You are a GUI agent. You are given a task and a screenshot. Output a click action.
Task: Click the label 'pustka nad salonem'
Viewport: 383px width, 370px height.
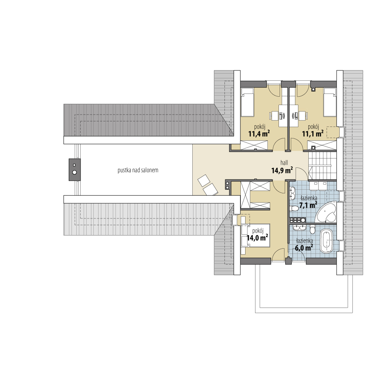click(138, 170)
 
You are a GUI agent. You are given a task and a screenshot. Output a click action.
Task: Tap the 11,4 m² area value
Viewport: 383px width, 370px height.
click(259, 134)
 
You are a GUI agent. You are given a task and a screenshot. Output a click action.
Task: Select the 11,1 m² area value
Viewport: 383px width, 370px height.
click(313, 134)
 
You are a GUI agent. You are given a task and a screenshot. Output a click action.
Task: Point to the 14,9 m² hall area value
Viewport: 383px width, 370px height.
click(282, 170)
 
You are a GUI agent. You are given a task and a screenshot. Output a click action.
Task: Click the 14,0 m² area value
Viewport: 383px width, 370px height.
click(257, 238)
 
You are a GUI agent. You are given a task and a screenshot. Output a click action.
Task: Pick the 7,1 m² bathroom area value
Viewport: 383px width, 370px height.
click(308, 205)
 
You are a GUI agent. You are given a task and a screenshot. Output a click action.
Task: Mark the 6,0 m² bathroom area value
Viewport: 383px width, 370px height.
click(304, 248)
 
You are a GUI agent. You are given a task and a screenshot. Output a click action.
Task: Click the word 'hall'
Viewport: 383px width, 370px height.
click(284, 163)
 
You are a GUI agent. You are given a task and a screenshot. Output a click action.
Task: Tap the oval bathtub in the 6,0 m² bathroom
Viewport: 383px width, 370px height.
click(326, 241)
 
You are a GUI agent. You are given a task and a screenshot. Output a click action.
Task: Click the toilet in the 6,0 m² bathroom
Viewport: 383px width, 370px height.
click(312, 230)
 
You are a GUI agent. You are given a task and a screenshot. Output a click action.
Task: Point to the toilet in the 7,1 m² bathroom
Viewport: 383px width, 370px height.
click(294, 208)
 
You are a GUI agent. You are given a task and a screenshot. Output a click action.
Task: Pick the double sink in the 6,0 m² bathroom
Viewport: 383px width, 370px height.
click(300, 228)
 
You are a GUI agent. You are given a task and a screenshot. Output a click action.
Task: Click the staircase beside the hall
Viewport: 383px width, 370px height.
click(322, 166)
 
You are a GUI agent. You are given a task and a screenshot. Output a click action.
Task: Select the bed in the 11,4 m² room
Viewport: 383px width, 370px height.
click(247, 102)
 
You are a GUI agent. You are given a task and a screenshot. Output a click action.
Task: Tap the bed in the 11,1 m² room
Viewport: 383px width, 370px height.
click(330, 102)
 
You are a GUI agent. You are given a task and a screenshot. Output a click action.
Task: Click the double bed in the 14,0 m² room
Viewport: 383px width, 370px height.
click(255, 236)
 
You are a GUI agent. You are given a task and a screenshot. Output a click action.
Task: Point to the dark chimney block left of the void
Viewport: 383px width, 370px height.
click(75, 170)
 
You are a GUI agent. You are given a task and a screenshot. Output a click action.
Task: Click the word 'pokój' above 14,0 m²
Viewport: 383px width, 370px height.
click(258, 231)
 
